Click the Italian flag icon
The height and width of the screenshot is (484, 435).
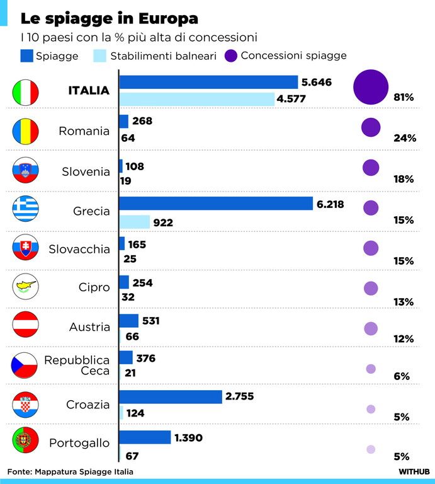coord(26,92)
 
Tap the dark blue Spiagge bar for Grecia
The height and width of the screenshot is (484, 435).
coord(216,204)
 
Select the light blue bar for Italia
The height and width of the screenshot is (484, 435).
coord(197,99)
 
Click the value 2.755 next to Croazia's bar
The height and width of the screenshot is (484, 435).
coord(240,396)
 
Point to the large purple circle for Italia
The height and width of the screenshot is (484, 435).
coord(371,87)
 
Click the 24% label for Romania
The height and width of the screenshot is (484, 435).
coord(405,137)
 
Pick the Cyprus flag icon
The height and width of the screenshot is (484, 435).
coord(26,286)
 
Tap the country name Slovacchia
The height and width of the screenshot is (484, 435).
coord(79,249)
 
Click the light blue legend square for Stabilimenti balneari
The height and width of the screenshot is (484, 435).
coord(100,56)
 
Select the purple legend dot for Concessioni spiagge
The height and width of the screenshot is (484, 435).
coord(231,56)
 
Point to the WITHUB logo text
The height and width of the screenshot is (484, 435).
coord(414,471)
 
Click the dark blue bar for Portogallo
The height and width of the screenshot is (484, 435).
coord(145,437)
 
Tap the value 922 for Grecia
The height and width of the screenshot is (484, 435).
coord(163,222)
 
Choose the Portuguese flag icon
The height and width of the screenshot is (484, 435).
coord(26,440)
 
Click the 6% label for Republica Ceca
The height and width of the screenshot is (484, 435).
coord(402,376)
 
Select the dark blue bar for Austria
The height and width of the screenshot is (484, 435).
coord(129,321)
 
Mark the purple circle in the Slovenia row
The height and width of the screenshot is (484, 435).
coord(371,168)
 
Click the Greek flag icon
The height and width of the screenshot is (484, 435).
coord(26,209)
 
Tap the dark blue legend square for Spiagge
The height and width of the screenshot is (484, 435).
coord(27,56)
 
